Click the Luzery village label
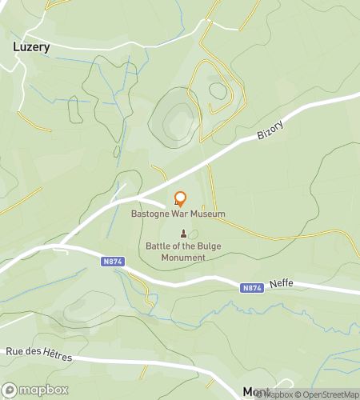(x=32, y=46)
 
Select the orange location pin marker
(x=180, y=198)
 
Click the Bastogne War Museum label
(x=178, y=214)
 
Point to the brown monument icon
(x=184, y=234)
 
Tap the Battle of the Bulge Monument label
(x=184, y=252)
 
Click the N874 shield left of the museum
(x=112, y=261)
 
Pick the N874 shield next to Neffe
(x=252, y=287)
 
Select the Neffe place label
(x=282, y=284)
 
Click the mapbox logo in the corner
(x=34, y=390)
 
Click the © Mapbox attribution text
(x=276, y=394)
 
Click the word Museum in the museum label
(x=207, y=214)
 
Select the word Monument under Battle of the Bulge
(x=184, y=258)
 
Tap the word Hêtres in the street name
(x=54, y=352)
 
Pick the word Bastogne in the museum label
(x=151, y=214)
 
